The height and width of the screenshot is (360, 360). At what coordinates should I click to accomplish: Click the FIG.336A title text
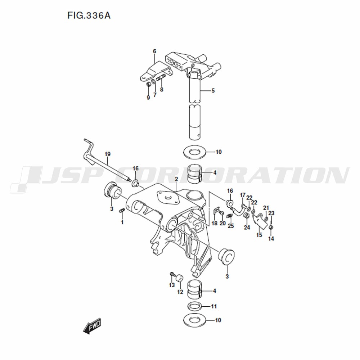[89, 15]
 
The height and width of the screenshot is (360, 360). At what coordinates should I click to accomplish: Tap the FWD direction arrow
[92, 326]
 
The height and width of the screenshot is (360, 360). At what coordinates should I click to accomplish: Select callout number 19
[107, 154]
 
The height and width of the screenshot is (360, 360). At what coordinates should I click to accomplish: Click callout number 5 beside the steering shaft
[213, 91]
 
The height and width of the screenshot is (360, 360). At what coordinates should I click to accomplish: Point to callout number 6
[154, 51]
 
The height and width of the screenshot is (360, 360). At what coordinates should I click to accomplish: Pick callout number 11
[214, 306]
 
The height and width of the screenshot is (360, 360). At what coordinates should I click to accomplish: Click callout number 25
[231, 226]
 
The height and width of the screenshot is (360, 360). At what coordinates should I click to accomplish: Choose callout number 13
[172, 285]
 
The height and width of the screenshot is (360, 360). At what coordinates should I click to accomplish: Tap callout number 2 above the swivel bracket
[176, 179]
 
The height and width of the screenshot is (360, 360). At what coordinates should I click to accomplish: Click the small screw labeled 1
[122, 210]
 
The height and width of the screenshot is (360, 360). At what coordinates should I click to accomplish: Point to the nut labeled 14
[271, 227]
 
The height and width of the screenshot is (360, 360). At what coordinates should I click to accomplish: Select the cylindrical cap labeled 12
[179, 279]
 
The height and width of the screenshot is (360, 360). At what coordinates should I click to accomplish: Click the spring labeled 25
[229, 216]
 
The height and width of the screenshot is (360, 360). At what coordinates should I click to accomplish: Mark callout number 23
[271, 213]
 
